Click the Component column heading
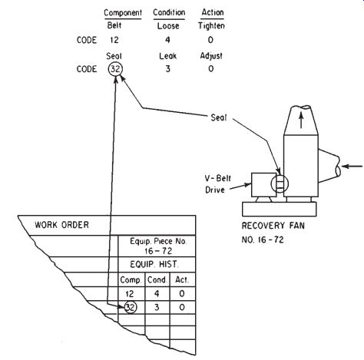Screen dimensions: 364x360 click(123, 13)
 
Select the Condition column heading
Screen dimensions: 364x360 click(169, 12)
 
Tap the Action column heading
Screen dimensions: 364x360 click(213, 12)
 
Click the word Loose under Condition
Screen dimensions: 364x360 click(168, 26)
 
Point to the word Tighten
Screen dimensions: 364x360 click(211, 26)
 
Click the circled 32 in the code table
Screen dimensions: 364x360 click(115, 69)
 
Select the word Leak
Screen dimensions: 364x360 click(168, 56)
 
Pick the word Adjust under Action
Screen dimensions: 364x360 click(211, 56)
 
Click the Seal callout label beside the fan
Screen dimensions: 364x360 click(219, 117)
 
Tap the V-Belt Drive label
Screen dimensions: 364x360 click(218, 184)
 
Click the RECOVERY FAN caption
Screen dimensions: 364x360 click(273, 226)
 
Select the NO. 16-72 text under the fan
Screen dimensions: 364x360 click(263, 239)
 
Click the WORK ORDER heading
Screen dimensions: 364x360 click(62, 225)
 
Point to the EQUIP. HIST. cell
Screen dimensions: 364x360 click(154, 264)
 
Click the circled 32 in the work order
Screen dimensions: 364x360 click(131, 307)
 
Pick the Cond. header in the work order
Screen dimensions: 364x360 click(157, 280)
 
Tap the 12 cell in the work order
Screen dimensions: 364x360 click(130, 294)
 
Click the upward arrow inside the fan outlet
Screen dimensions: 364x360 click(301, 121)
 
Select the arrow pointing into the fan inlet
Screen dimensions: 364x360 click(352, 167)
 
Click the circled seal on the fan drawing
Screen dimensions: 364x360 click(280, 183)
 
